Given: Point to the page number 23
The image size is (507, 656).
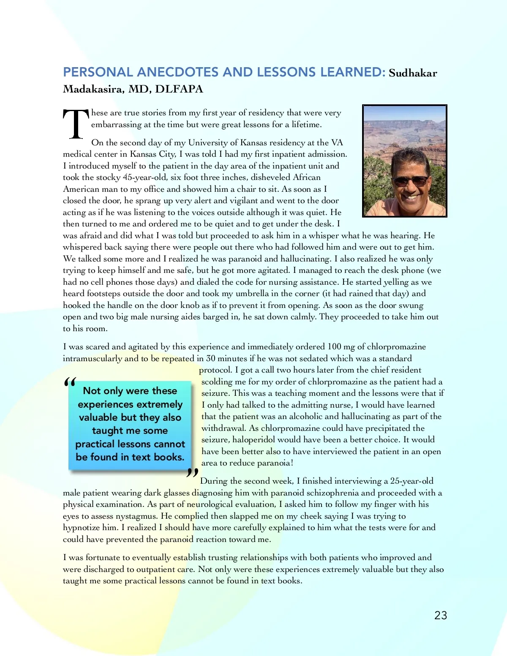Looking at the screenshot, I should tap(441, 615).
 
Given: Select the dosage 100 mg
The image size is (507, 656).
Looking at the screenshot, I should tap(341, 347).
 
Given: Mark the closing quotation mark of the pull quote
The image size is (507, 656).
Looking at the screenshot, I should tap(192, 474).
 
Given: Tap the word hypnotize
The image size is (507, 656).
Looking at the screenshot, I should tap(82, 528).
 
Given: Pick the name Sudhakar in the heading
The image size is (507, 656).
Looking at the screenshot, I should tap(413, 73).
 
